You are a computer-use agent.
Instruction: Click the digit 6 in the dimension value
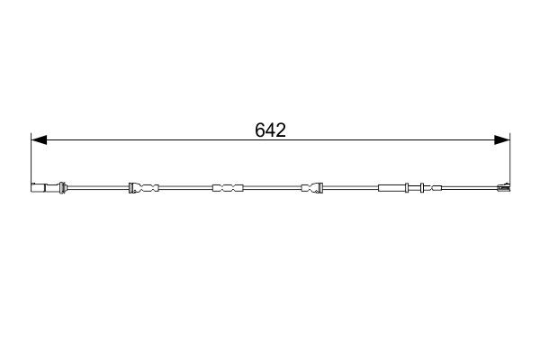260,130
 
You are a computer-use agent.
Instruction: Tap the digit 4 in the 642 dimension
270,130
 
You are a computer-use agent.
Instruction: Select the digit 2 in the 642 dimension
281,130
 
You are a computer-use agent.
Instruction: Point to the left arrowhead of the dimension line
39,139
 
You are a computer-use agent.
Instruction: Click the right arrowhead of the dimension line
502,139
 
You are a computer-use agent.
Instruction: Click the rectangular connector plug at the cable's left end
38,188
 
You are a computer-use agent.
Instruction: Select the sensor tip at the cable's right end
503,187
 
